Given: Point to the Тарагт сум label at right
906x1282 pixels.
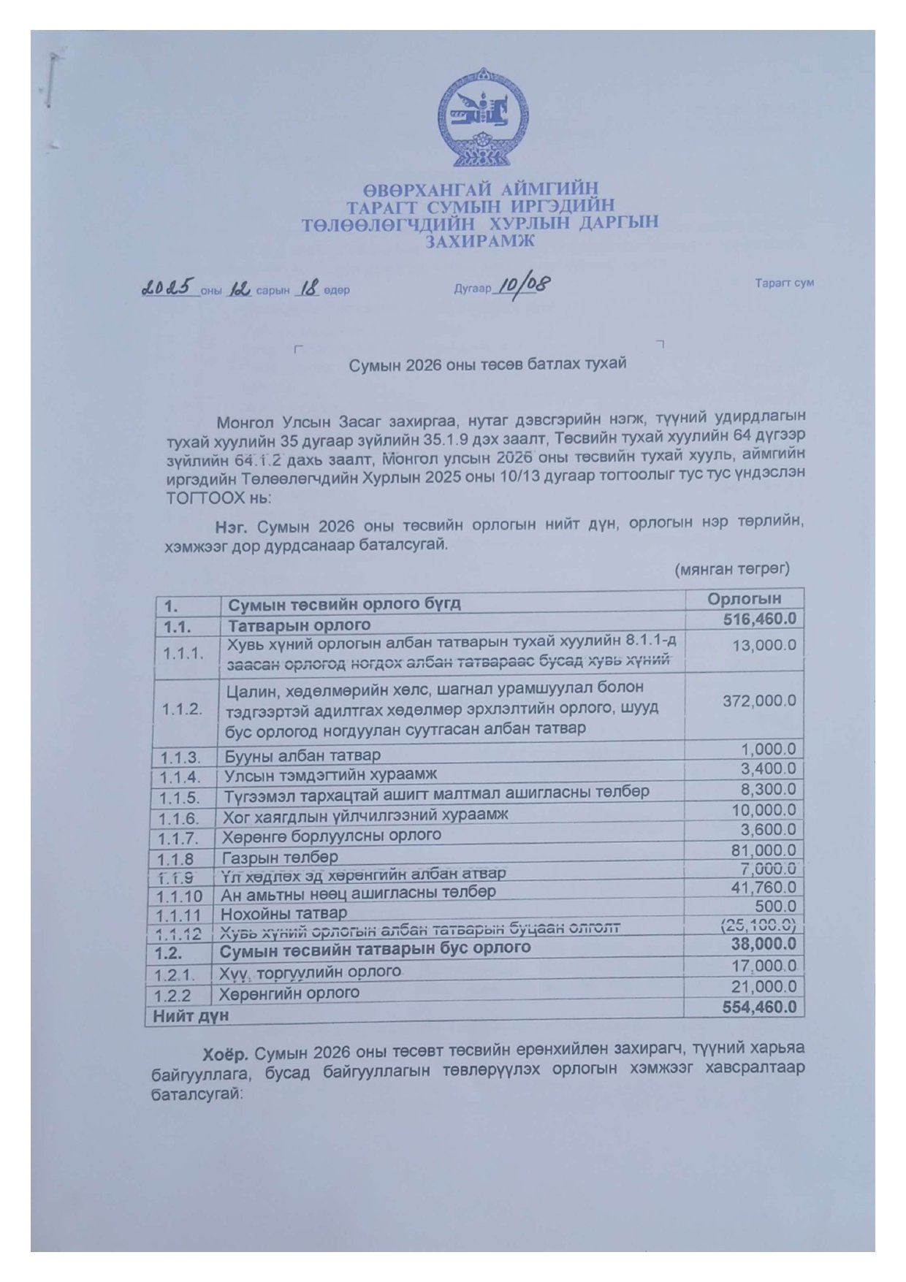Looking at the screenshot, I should tap(785, 283).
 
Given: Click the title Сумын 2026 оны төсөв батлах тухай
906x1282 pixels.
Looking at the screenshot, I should tap(487, 363).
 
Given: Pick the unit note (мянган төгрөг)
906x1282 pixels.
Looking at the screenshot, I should tap(732, 568).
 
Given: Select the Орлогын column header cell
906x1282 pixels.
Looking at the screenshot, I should tap(744, 599).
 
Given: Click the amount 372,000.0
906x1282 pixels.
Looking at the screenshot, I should tap(759, 701).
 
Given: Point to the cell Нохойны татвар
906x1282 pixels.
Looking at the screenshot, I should tap(285, 913).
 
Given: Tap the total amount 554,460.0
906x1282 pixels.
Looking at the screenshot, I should tap(758, 1007).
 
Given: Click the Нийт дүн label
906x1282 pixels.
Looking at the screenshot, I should tap(190, 1015).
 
